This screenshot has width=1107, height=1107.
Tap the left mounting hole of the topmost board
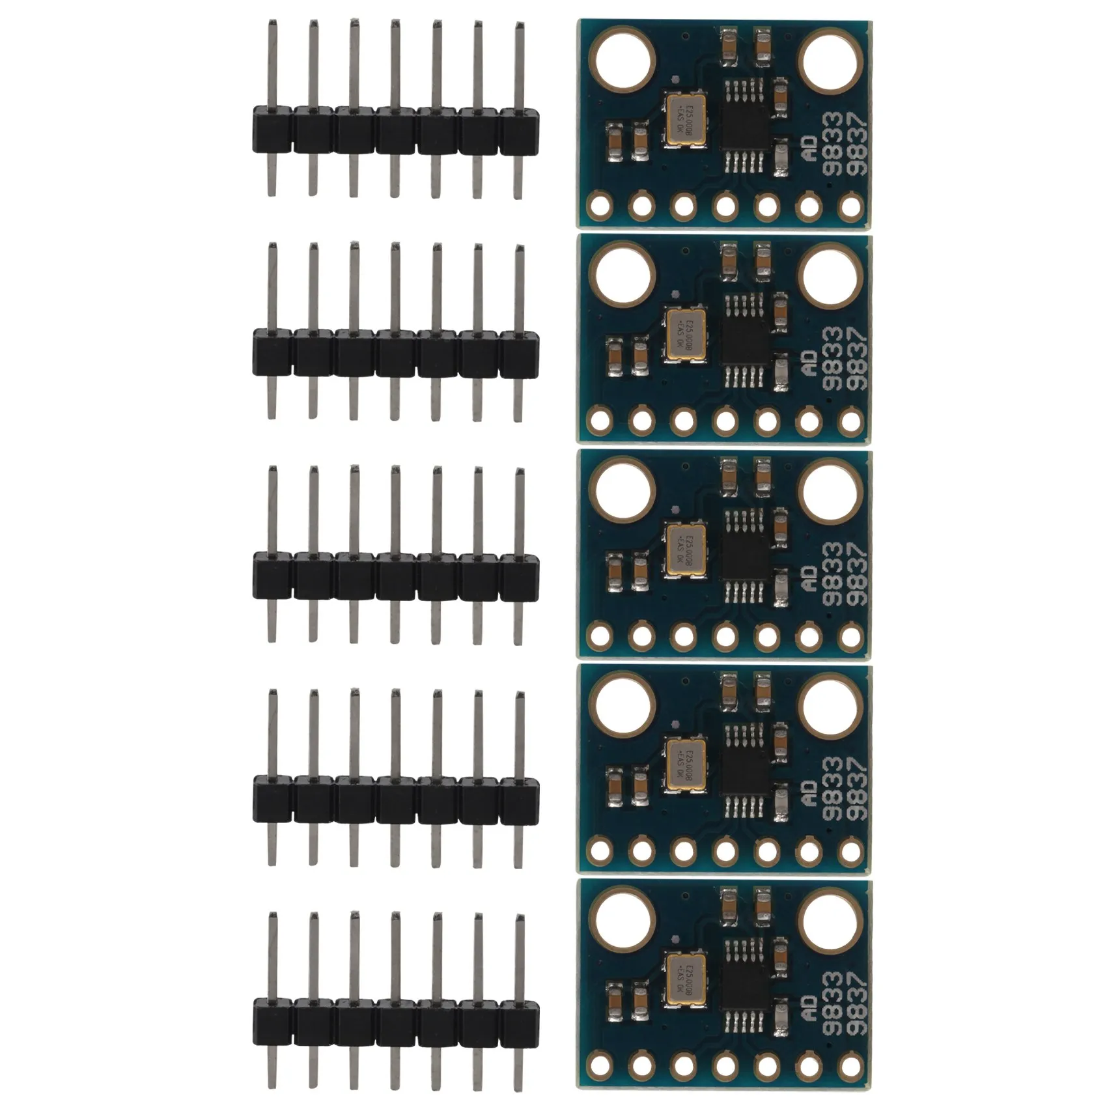[x=623, y=63]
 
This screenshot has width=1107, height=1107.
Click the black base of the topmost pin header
[x=395, y=131]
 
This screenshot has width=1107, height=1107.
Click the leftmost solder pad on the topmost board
[x=600, y=207]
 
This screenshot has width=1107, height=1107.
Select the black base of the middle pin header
[x=395, y=575]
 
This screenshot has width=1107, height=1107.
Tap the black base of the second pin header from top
[x=395, y=353]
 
